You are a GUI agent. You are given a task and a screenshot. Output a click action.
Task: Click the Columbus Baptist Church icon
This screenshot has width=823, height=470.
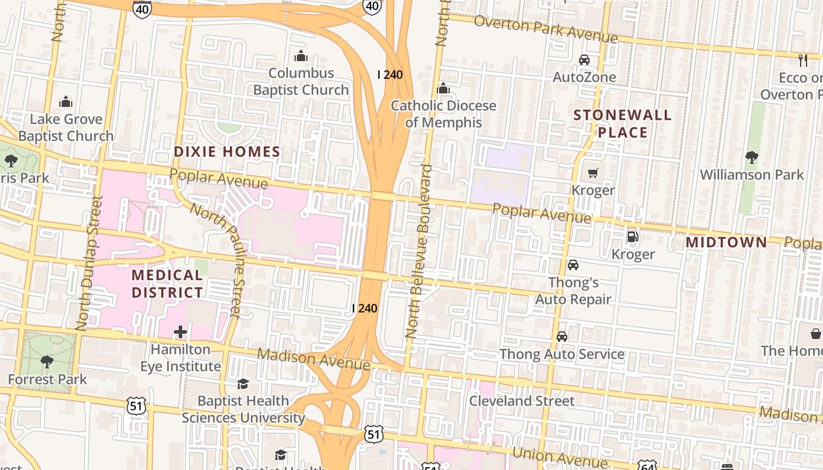pyautogui.click(x=301, y=56)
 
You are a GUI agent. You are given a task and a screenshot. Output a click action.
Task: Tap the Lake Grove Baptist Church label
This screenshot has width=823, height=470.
pyautogui.click(x=66, y=127)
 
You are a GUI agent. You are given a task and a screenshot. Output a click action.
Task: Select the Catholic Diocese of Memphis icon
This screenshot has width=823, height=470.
pyautogui.click(x=443, y=89)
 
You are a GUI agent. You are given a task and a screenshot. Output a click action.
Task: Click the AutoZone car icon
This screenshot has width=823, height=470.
pyautogui.click(x=584, y=60)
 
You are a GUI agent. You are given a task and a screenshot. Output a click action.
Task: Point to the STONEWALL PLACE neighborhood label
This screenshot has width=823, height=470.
pyautogui.click(x=623, y=123)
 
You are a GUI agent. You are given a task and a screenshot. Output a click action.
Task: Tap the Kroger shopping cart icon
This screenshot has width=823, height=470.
pyautogui.click(x=593, y=173)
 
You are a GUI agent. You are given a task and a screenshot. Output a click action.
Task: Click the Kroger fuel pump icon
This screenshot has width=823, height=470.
pyautogui.click(x=633, y=237)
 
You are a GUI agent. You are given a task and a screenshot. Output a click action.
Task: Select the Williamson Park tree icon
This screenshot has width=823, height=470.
pyautogui.click(x=751, y=157)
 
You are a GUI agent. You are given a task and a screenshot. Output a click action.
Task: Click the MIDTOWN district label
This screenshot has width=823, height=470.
pyautogui.click(x=727, y=242)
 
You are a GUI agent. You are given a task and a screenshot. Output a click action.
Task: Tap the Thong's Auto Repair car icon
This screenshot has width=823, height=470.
pyautogui.click(x=573, y=265)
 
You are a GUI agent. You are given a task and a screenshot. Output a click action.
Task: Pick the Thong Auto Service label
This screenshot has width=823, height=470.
pyautogui.click(x=562, y=354)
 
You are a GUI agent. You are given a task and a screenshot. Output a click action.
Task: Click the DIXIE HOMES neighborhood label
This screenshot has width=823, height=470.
pyautogui.click(x=227, y=152)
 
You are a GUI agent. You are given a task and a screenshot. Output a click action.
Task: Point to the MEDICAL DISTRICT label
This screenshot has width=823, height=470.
pyautogui.click(x=167, y=284)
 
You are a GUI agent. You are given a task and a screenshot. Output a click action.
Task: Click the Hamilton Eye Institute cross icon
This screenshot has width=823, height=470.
pyautogui.click(x=180, y=333)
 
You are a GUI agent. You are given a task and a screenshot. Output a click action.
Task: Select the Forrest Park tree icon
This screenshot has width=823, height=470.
pyautogui.click(x=47, y=361)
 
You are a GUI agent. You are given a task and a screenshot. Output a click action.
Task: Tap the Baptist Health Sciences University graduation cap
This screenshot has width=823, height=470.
pyautogui.click(x=243, y=384)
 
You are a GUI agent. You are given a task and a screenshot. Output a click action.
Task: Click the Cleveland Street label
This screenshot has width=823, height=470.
pyautogui.click(x=521, y=401)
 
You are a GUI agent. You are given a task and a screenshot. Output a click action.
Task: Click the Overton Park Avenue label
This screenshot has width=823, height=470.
pyautogui.click(x=545, y=30)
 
